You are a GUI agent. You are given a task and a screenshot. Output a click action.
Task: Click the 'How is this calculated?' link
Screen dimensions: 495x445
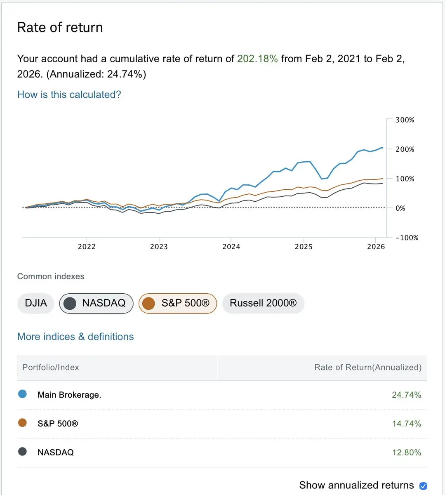tap(69, 94)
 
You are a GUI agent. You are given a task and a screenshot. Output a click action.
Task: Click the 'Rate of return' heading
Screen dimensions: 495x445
tap(60, 27)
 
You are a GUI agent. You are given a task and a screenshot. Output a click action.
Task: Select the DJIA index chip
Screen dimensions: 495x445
tap(36, 303)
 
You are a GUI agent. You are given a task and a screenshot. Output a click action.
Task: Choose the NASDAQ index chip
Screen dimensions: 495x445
tap(97, 303)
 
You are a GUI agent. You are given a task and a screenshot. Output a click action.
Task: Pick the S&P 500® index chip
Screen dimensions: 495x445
tap(178, 303)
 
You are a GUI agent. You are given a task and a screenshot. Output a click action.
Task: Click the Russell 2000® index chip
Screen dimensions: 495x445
tap(263, 303)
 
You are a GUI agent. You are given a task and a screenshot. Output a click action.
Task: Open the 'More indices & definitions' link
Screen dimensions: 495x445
tap(75, 337)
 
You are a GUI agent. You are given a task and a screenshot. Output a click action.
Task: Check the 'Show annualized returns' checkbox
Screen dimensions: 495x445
tap(423, 486)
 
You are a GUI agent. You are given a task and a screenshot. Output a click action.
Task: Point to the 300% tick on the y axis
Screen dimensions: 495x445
tap(405, 120)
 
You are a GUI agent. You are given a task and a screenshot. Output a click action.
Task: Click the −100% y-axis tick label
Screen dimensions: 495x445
tap(407, 238)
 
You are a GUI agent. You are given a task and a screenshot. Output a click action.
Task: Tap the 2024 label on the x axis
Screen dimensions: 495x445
tap(231, 247)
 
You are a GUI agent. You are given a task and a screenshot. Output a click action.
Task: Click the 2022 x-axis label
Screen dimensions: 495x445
tap(87, 247)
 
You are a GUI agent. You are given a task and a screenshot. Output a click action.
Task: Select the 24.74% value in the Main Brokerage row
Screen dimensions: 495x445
tap(406, 395)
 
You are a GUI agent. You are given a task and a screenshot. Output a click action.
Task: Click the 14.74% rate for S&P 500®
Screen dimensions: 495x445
tap(406, 424)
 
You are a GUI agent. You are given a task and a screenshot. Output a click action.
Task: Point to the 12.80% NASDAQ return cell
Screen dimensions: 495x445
tap(406, 453)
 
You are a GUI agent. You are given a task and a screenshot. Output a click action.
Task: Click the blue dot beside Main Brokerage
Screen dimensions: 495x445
tap(23, 394)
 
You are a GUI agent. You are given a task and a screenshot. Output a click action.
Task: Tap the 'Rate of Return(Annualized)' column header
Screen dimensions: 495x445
tap(367, 368)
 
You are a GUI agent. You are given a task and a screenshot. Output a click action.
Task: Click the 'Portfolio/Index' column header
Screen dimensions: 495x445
tap(51, 368)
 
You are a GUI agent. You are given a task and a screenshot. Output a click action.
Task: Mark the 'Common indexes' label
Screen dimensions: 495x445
tap(51, 276)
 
